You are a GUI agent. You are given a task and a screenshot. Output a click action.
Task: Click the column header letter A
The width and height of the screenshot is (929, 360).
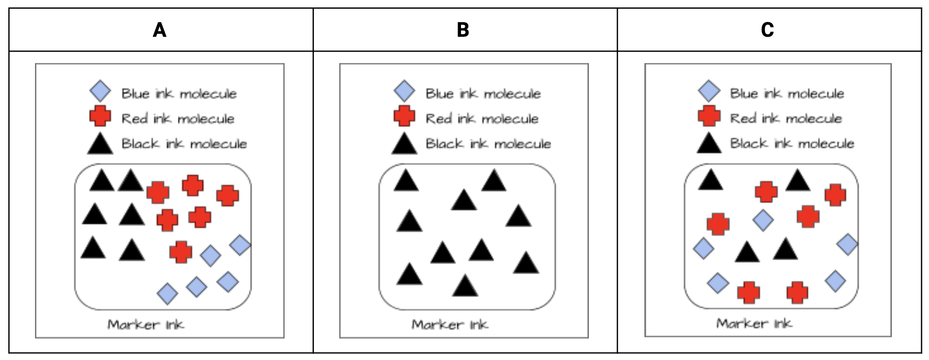[160, 30]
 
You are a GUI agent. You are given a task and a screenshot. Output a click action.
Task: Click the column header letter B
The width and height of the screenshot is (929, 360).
[463, 30]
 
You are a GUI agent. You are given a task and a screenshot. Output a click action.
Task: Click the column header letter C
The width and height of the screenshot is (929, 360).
[767, 30]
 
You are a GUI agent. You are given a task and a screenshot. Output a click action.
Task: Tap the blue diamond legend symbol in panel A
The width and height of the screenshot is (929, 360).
[100, 92]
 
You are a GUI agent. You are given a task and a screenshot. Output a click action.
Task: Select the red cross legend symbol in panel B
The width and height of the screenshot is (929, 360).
[404, 116]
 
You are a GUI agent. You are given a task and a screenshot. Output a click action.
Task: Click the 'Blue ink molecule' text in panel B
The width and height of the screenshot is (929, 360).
[483, 93]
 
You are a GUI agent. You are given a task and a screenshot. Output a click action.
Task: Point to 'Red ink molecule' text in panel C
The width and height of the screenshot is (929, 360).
[786, 118]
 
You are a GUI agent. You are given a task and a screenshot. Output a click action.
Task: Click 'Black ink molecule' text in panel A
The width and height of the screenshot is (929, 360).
[184, 144]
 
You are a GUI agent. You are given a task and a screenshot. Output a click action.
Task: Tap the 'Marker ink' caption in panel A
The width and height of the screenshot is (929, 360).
[146, 325]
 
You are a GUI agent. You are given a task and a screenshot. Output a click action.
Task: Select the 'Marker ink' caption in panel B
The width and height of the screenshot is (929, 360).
[450, 325]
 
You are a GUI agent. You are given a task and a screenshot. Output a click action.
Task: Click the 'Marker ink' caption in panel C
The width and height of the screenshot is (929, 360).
[754, 324]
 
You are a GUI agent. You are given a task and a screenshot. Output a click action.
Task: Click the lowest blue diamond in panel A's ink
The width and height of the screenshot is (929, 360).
[167, 293]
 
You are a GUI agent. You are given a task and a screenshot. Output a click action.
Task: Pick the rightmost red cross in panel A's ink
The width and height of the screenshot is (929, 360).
[228, 195]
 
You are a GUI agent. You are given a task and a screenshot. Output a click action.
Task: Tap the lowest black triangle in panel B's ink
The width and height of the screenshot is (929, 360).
[465, 286]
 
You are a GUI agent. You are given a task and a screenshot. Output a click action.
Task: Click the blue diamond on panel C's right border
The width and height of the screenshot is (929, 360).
[847, 244]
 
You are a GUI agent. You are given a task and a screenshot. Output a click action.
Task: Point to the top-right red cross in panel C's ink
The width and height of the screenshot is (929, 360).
[835, 195]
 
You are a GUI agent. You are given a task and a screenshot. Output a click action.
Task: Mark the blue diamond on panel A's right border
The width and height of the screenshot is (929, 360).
[240, 245]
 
